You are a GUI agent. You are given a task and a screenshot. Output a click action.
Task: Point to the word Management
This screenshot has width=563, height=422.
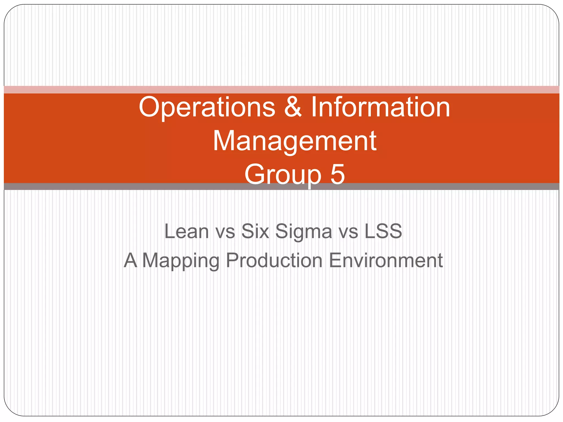pos(295,141)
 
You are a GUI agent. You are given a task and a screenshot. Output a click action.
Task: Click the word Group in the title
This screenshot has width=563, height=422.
pos(283,175)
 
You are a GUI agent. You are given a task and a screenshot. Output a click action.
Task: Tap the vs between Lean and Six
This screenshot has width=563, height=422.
pos(225,232)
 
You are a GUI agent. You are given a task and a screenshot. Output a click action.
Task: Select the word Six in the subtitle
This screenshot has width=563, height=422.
pos(255,231)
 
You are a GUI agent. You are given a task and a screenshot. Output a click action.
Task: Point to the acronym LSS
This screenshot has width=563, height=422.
pos(383,231)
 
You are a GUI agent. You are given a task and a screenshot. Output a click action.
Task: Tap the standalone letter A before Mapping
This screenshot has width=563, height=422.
pos(130,260)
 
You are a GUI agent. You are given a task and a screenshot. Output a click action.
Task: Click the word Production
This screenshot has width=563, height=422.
pos(274,260)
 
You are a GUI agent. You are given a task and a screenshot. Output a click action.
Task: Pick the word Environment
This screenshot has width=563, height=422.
pos(386,260)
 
